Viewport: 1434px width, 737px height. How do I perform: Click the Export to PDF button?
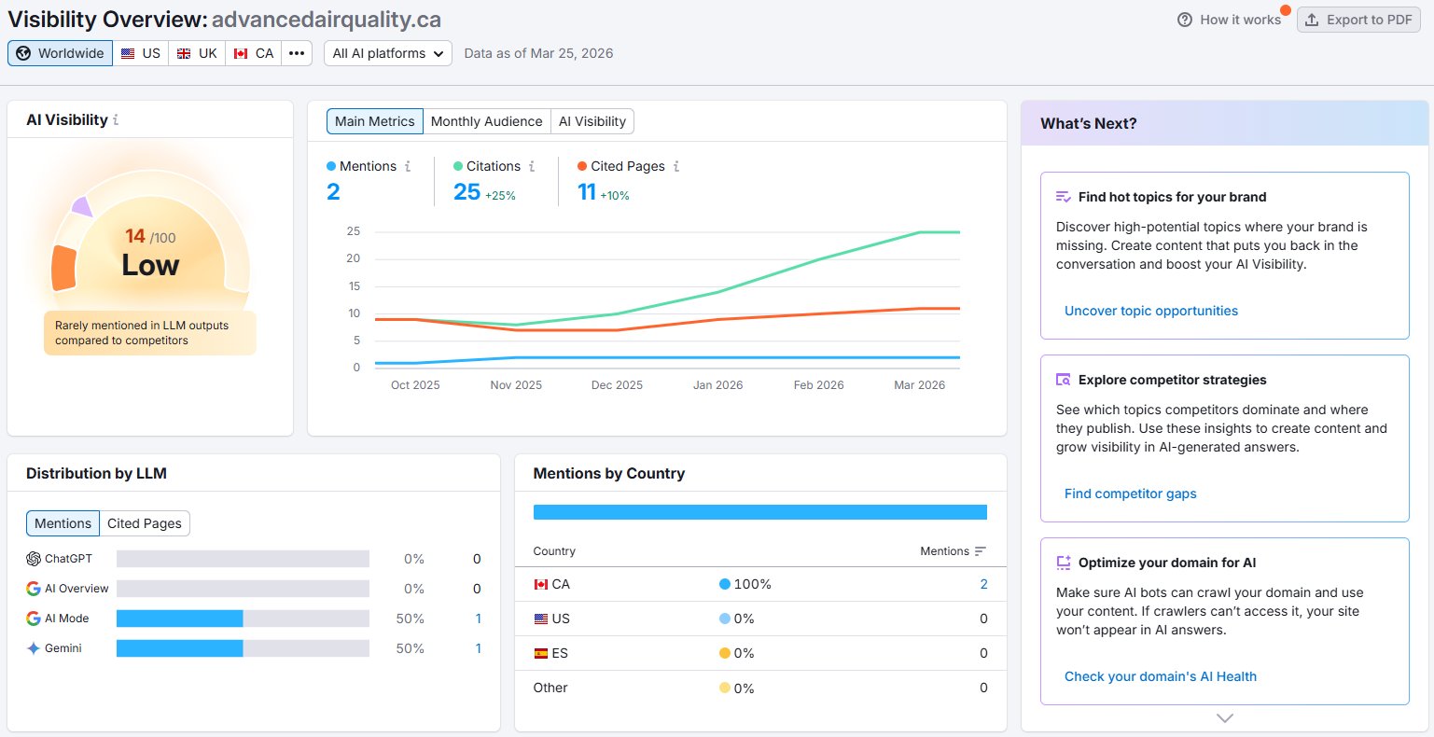1358,20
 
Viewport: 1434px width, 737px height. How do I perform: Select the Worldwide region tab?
60,53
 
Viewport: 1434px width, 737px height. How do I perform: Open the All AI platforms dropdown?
388,53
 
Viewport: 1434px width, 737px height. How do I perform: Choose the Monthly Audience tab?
486,121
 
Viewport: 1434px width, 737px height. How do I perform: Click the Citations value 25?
466,192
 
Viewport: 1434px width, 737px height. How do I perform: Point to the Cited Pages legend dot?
582,166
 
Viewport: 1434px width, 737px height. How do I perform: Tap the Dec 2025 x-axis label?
617,385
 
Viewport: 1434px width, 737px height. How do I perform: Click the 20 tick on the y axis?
354,258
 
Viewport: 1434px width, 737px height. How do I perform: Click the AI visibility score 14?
135,236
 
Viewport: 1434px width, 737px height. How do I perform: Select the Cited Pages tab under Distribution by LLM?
145,523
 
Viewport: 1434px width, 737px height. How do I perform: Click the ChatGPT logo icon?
34,559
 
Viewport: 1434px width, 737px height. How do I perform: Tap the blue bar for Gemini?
180,648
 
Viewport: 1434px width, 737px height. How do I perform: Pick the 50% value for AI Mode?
410,619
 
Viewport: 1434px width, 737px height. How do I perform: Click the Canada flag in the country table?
541,584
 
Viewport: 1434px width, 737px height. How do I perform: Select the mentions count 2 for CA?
983,584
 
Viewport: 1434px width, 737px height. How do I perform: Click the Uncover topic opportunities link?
1151,311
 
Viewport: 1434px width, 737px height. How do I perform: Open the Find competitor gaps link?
1131,494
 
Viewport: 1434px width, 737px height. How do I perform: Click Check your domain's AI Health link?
1161,676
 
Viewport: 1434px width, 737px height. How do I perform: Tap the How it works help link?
1229,20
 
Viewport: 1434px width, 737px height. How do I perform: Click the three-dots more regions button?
297,53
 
